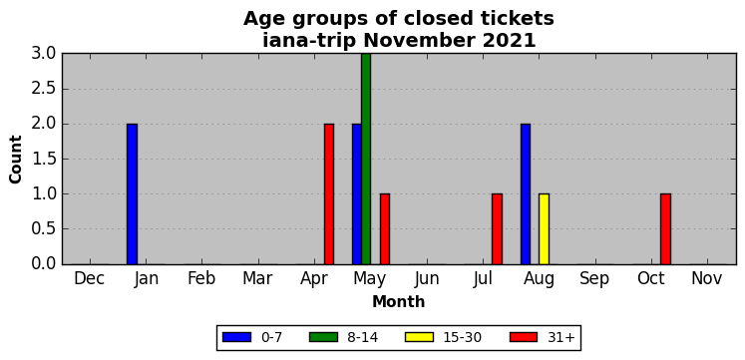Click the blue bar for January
click(x=132, y=193)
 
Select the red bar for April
click(x=329, y=193)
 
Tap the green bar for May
click(x=366, y=159)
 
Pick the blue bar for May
click(x=357, y=193)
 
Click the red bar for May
click(x=385, y=229)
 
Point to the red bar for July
click(x=497, y=229)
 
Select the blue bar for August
click(x=526, y=193)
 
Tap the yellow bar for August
click(x=544, y=229)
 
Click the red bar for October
click(x=665, y=229)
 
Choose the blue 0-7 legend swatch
click(x=236, y=337)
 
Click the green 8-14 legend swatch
click(x=323, y=337)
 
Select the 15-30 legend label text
click(x=463, y=338)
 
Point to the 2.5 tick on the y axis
click(x=44, y=89)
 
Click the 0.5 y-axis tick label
click(x=44, y=229)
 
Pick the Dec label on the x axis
click(x=90, y=279)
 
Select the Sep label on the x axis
click(x=594, y=279)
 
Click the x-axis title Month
click(x=399, y=301)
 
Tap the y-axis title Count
click(x=16, y=160)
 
